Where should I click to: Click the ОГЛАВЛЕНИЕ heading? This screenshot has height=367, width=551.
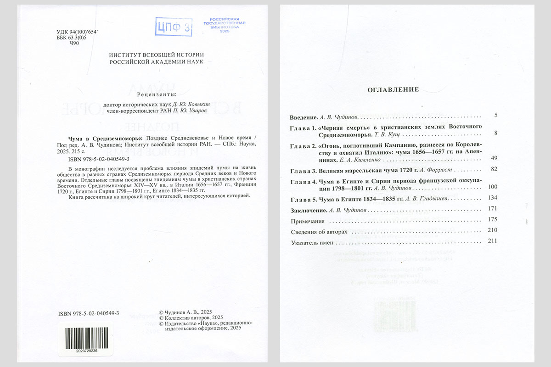pos(393,89)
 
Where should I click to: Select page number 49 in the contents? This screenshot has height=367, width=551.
pos(494,158)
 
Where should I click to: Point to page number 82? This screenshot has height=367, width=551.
pos(494,169)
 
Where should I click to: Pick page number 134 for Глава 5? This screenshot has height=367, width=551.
pos(493,198)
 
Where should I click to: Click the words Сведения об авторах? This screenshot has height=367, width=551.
pos(320,232)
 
